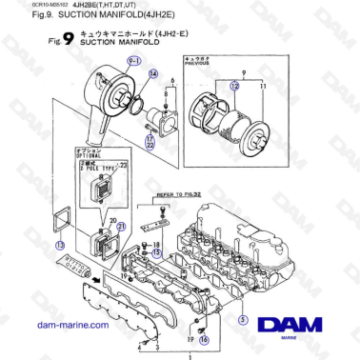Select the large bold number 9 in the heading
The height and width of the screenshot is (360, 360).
tap(69, 41)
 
